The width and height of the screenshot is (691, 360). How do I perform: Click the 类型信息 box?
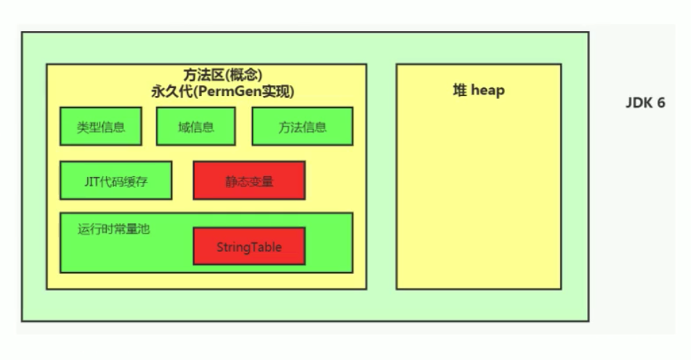[x=101, y=127]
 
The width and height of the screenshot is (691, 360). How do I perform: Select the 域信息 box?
[x=196, y=127]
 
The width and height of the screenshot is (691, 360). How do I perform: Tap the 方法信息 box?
[x=302, y=127]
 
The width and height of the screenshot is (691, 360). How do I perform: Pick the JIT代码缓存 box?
[x=115, y=181]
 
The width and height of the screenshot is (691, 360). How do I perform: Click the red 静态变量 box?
[x=249, y=181]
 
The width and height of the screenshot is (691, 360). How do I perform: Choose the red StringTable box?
[x=249, y=247]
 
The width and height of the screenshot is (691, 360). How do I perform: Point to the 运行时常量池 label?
[x=114, y=229]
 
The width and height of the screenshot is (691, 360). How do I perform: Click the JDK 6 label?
[x=645, y=103]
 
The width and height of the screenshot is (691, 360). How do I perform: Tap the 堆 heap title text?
[x=478, y=91]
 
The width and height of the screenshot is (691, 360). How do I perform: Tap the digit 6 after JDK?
[x=661, y=103]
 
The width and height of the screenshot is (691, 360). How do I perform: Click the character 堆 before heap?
[x=459, y=91]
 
